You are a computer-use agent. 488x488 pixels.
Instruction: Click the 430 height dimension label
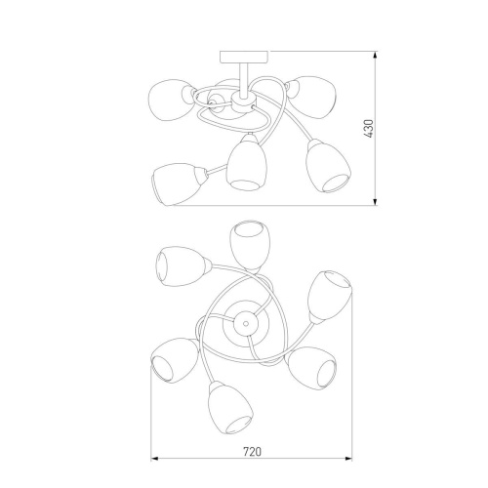coord(369,129)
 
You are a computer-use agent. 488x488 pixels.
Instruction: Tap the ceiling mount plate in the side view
coord(245,57)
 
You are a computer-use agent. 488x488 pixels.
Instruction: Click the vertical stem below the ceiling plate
coord(244,78)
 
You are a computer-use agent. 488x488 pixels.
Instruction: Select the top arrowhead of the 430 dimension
coord(375,55)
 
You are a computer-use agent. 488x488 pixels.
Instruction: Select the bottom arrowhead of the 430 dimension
coord(375,202)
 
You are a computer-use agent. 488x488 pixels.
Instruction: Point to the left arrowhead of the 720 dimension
coord(154,459)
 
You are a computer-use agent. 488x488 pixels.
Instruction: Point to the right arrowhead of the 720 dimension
coord(348,459)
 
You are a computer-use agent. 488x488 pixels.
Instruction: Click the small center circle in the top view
coord(245,323)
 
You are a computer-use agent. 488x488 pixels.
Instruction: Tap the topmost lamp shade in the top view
coord(250,246)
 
